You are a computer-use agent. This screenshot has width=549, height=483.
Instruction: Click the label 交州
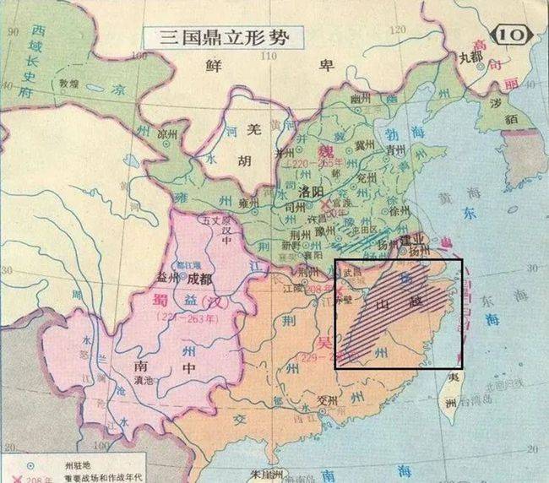tap(327, 400)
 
